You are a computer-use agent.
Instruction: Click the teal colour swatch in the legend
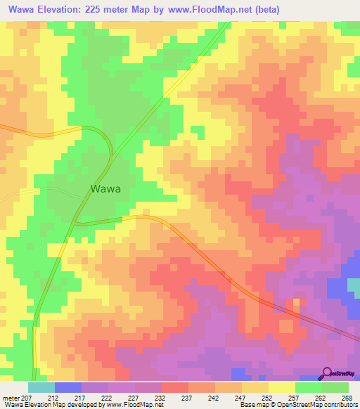pyautogui.click(x=41, y=387)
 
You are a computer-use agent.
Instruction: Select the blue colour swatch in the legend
pyautogui.click(x=67, y=387)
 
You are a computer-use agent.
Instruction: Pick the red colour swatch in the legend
pyautogui.click(x=174, y=387)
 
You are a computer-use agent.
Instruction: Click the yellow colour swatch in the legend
pyautogui.click(x=281, y=387)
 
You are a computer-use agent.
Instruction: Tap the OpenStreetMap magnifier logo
pyautogui.click(x=328, y=373)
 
